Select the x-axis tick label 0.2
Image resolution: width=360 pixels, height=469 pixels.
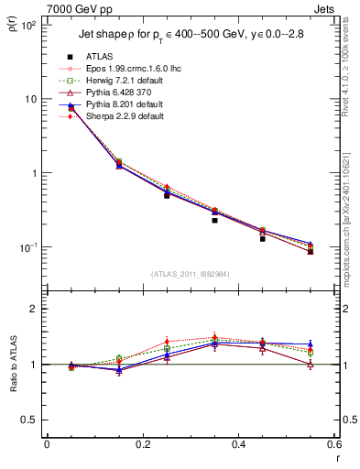[142, 446]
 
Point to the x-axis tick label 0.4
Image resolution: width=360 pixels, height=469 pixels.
[238, 446]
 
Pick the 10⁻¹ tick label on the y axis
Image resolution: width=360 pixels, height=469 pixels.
[28, 247]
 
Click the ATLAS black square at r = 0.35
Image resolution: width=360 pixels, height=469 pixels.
[214, 220]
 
